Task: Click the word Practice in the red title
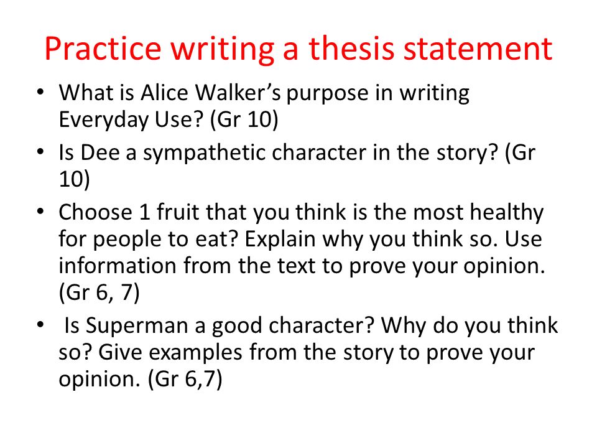pos(103,49)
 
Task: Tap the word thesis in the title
pos(351,49)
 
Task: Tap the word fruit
pos(177,212)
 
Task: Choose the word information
pos(118,266)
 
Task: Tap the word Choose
pos(95,212)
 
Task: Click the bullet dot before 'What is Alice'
pos(40,92)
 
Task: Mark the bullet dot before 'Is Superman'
pos(40,325)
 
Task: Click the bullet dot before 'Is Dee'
pos(40,152)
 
